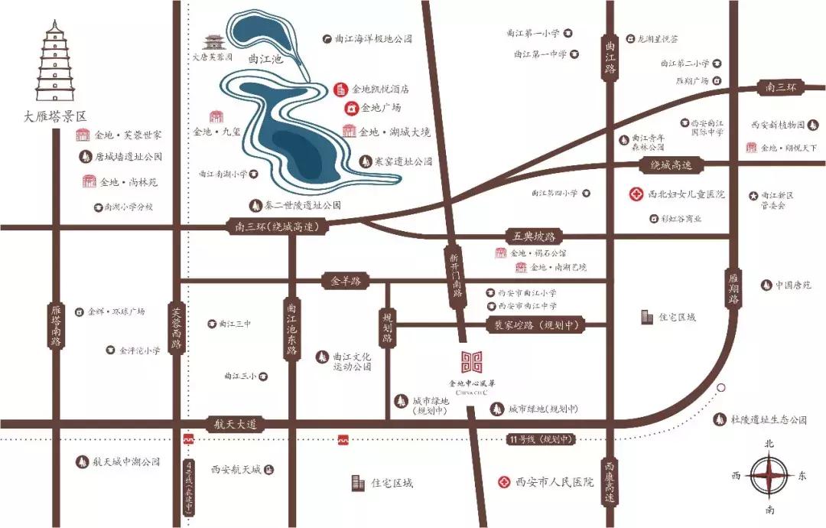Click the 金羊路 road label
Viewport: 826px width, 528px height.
tap(345, 281)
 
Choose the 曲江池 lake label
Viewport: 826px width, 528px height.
tap(265, 59)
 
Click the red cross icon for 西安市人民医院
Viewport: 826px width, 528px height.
tap(504, 482)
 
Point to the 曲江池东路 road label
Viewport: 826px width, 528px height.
tap(291, 329)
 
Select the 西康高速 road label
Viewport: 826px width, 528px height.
tap(610, 481)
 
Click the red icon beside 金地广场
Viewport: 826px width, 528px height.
tap(351, 108)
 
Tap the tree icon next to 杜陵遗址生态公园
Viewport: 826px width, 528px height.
tap(719, 419)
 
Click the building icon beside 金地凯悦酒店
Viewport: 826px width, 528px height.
tap(342, 90)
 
